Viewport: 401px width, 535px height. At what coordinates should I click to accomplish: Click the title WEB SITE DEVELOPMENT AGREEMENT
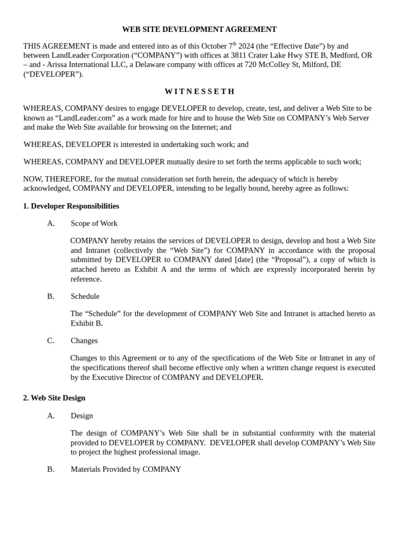click(x=199, y=29)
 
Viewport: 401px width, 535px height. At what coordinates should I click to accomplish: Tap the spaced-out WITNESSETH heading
click(x=200, y=91)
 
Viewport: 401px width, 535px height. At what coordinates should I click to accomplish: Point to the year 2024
click(x=246, y=46)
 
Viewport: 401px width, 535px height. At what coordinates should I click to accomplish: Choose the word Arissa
click(x=60, y=65)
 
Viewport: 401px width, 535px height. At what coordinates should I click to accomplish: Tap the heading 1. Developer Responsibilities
click(x=71, y=206)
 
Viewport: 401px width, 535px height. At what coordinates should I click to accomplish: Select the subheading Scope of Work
click(x=94, y=224)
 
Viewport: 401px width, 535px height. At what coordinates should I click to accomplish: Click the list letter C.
click(x=51, y=341)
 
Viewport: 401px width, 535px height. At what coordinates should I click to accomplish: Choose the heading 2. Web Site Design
click(x=54, y=398)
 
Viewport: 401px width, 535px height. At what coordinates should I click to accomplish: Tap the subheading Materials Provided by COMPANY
click(x=126, y=469)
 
